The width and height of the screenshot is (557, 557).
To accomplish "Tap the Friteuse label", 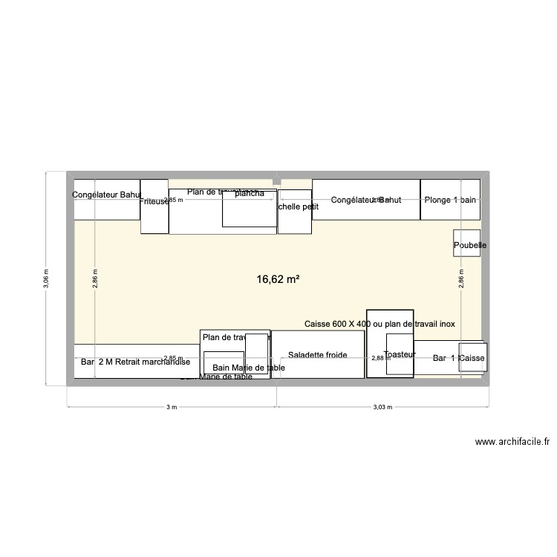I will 154,201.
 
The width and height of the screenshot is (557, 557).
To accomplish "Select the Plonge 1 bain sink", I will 450,200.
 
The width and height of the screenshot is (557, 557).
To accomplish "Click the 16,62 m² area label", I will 278,279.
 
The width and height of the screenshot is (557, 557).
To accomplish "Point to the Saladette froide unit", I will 318,355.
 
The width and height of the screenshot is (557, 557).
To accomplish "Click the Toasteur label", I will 399,355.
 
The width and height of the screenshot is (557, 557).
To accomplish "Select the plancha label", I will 250,194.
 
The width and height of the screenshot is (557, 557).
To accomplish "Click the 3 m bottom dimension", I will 172,407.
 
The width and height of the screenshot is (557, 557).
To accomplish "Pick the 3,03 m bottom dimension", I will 382,407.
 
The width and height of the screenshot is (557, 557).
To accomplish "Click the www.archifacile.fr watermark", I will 512,442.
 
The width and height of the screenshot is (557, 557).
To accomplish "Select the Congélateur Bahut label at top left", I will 107,195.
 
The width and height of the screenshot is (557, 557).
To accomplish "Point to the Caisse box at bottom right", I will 472,359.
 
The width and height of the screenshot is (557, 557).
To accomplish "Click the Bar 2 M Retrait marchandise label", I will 136,362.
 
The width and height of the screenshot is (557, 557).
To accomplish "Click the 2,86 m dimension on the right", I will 461,278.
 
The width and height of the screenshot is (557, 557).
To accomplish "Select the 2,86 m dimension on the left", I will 94,278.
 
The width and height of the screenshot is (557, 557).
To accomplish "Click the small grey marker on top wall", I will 277,179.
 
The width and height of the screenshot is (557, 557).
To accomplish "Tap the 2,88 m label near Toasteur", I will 380,358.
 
